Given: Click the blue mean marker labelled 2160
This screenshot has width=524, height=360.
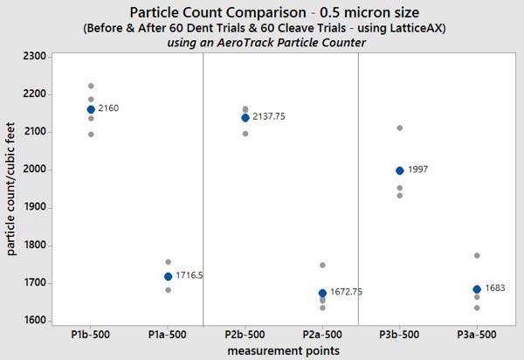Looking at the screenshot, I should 91,109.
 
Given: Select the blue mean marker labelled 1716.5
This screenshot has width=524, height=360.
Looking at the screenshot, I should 169,276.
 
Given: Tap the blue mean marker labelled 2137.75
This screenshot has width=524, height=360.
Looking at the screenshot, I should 245,117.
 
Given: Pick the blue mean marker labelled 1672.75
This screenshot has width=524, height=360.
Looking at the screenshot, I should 323,293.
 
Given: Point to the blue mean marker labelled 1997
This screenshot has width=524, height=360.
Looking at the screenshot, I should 400,170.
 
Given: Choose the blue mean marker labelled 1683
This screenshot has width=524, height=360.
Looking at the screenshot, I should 477,289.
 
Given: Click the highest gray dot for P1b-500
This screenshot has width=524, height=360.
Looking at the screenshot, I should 91,86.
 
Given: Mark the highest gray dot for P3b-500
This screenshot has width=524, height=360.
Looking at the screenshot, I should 400,128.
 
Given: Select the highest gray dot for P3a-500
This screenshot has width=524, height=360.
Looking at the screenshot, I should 477,255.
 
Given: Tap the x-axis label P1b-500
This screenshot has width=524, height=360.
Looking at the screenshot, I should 91,335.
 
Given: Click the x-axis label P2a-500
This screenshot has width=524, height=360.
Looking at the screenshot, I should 323,335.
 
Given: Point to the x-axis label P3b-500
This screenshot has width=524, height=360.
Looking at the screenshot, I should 400,335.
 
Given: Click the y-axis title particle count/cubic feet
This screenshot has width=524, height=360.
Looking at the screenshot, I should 11,188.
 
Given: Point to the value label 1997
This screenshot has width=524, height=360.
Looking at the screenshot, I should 417,170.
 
